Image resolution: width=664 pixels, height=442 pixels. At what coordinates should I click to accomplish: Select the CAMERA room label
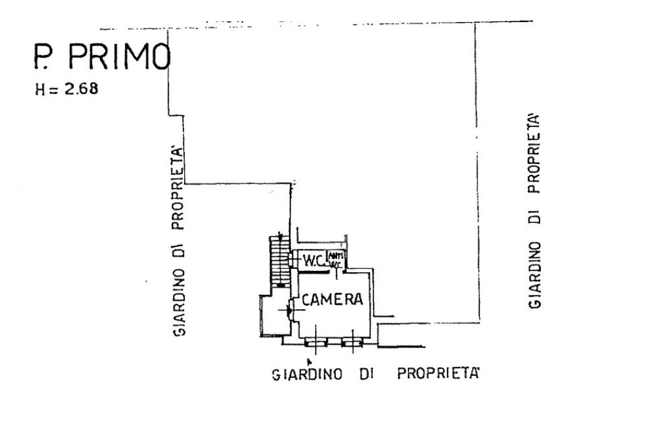(x=331, y=300)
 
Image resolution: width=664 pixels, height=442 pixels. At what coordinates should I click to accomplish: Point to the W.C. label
(x=314, y=261)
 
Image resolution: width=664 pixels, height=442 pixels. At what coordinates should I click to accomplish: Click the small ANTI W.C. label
(x=336, y=259)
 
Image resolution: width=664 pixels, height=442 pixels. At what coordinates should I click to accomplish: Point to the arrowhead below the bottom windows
(x=309, y=360)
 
